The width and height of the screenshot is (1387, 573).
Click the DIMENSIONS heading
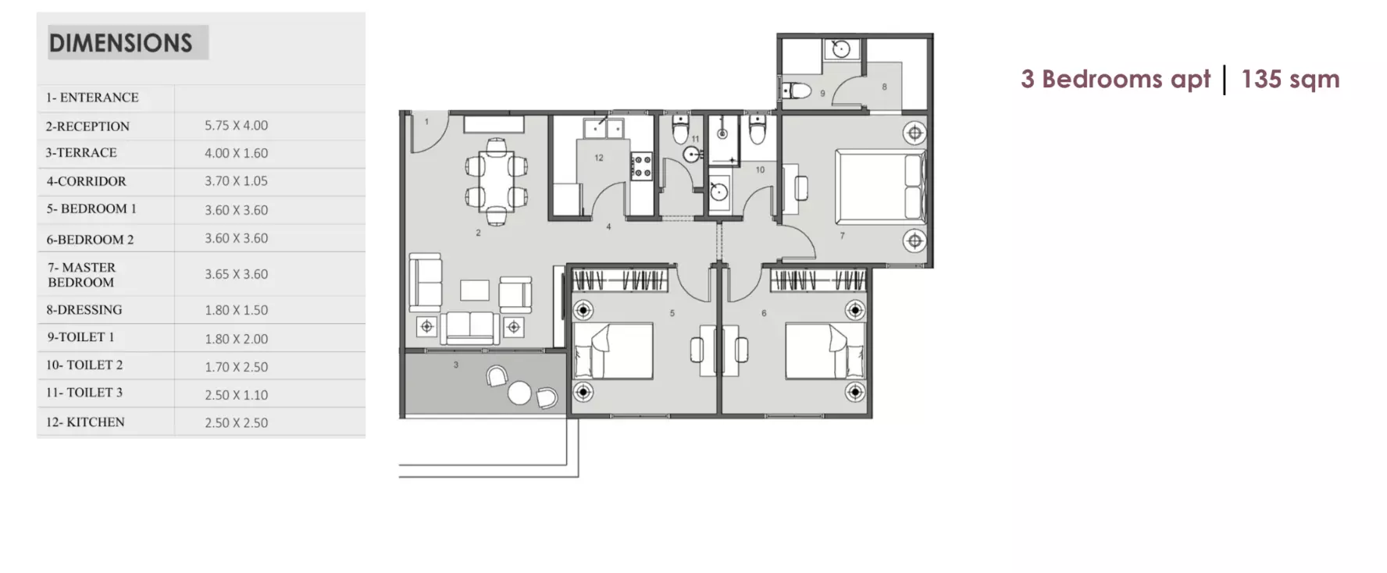pos(121,43)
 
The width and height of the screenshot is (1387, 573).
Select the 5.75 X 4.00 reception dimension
pos(236,125)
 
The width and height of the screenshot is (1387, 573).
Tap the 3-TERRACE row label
pos(81,153)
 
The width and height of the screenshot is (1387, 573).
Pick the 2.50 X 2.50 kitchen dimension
pos(236,422)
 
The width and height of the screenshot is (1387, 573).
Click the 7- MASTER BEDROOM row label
pos(81,275)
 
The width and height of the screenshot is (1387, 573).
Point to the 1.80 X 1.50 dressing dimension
pos(236,310)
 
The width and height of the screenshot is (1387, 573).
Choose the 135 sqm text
pos(1290,79)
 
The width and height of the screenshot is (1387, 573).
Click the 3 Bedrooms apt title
pos(1115,79)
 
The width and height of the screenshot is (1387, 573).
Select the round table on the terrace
pos(519,393)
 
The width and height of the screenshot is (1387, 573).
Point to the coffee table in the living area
pos(475,290)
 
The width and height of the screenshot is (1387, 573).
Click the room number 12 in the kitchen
pos(599,158)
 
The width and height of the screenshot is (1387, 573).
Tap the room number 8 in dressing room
pos(884,87)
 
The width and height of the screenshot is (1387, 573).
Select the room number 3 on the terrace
pos(456,365)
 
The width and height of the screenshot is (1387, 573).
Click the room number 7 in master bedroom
pos(842,236)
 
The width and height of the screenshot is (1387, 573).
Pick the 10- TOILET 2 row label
pos(84,365)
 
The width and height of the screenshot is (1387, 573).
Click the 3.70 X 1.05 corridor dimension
pos(236,180)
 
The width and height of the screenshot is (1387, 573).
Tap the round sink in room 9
pos(841,49)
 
